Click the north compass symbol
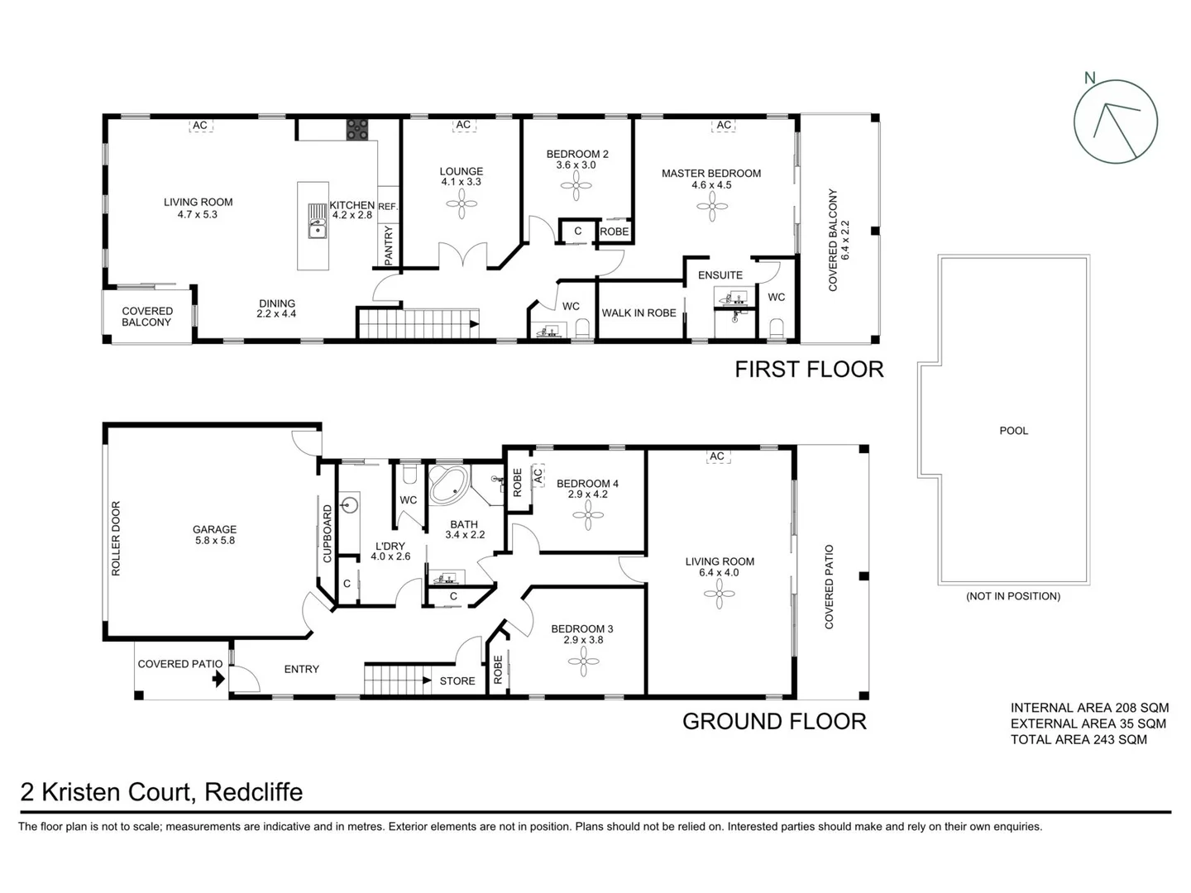1115,122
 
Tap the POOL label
1013,431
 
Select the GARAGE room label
214,529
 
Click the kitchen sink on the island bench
318,221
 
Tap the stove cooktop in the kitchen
357,129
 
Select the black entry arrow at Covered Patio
218,679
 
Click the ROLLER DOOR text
116,538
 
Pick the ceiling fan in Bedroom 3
584,661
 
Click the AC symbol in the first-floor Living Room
199,126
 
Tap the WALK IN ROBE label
639,313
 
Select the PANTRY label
388,246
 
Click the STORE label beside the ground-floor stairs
457,680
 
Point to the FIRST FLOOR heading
809,369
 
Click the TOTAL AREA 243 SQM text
1079,739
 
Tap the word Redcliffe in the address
253,792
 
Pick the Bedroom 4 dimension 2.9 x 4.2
587,494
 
